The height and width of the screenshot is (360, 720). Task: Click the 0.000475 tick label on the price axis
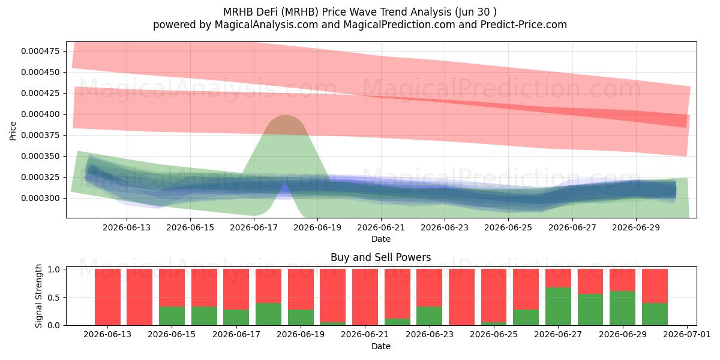tap(41, 51)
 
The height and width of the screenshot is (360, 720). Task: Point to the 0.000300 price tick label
tap(41, 199)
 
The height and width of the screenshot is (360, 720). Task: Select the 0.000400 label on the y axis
tap(41, 114)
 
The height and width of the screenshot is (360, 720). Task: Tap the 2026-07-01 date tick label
tap(687, 334)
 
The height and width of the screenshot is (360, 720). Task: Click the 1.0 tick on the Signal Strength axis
tap(53, 269)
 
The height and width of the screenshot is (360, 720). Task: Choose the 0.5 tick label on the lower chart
tap(53, 298)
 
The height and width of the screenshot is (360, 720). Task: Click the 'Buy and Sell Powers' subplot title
tap(381, 257)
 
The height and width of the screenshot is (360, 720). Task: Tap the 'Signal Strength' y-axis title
tap(38, 296)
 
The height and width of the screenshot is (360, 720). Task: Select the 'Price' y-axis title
tap(13, 131)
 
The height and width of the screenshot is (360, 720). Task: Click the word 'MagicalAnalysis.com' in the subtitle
tap(266, 25)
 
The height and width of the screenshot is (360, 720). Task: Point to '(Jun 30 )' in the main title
tap(476, 12)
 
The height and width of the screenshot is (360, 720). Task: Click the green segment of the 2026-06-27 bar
tap(559, 307)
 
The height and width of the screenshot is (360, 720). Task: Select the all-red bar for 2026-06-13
tap(107, 297)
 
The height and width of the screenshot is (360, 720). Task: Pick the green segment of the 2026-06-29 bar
tap(623, 308)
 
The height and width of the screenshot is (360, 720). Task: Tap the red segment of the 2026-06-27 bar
tap(559, 278)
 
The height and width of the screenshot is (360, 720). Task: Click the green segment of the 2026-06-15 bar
tap(172, 316)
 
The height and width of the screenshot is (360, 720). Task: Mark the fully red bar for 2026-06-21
tap(365, 297)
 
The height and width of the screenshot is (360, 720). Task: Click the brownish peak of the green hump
tap(286, 124)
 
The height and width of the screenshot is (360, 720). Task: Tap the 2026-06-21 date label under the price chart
tap(381, 227)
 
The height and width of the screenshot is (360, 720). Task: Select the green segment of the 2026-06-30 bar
tap(655, 314)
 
